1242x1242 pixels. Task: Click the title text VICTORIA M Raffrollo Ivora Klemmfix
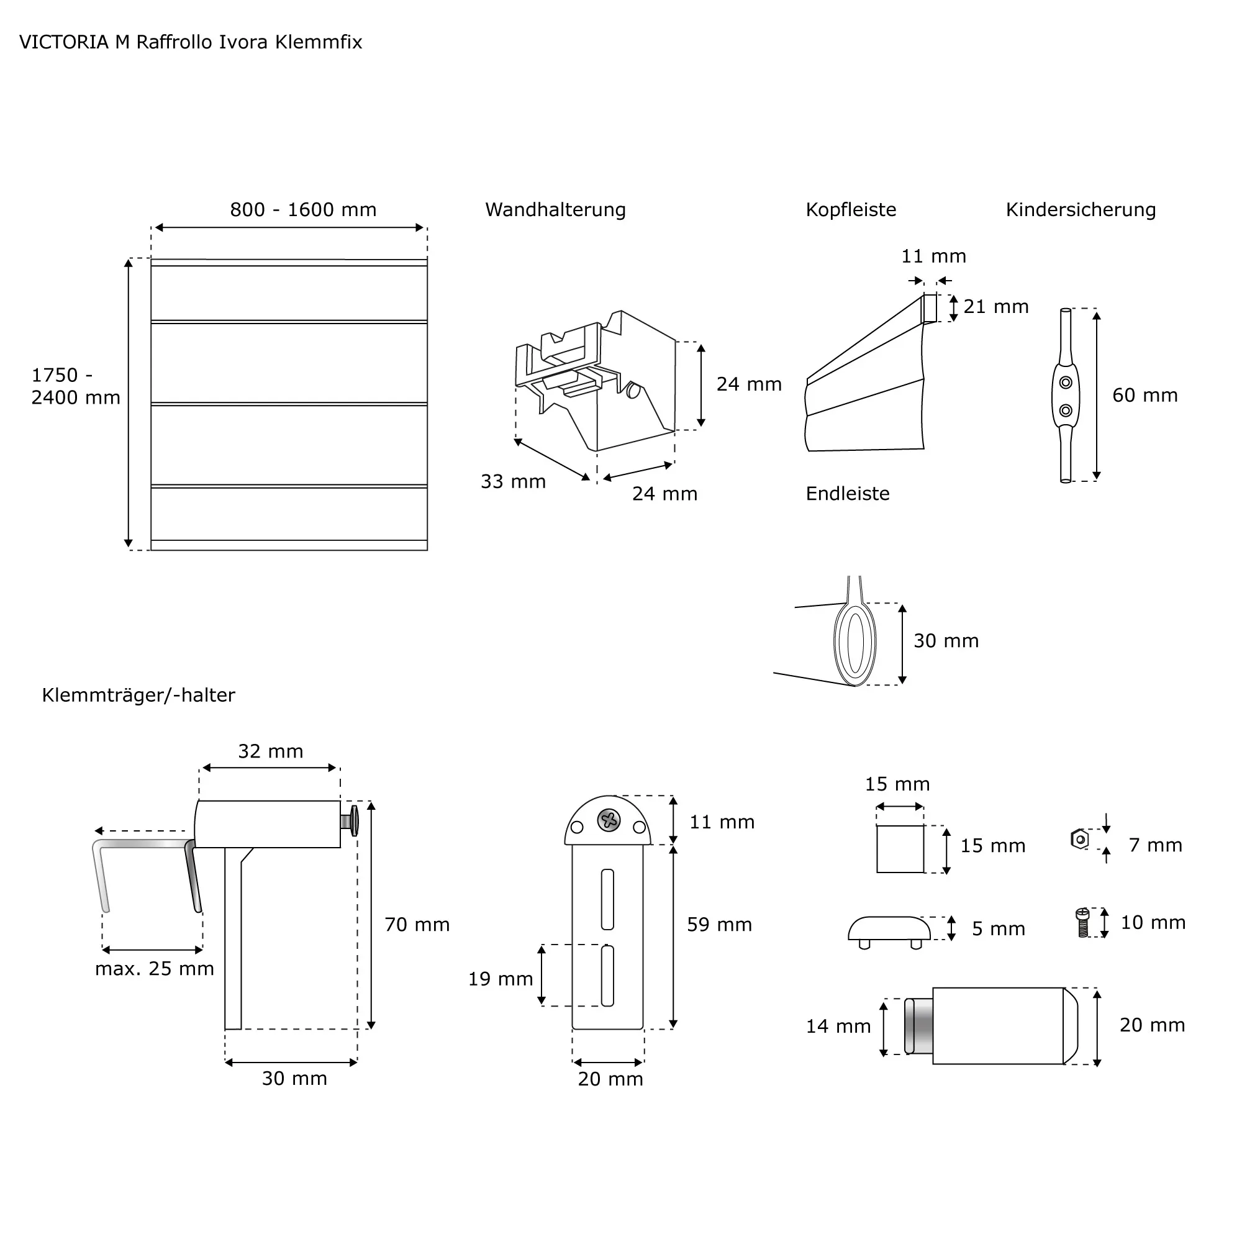191,42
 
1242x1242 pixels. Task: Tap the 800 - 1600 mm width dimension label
303,211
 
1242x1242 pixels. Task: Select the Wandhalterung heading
555,211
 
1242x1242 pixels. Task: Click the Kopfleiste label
851,211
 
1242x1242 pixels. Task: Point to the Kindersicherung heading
1080,211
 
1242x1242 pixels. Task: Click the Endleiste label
847,494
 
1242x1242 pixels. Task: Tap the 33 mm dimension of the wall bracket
513,481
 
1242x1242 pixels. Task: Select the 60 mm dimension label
1145,396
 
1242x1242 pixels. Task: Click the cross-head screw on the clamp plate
608,820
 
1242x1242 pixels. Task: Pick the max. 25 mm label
154,969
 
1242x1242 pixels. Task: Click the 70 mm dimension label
417,925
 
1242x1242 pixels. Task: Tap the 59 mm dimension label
718,925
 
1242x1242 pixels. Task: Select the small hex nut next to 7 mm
1080,839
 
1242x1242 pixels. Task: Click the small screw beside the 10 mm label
1082,923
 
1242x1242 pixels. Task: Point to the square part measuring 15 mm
900,848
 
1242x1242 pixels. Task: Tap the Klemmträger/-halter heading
138,695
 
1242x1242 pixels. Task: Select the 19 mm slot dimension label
500,979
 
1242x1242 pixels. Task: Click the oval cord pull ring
855,643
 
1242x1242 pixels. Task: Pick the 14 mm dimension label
838,1026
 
